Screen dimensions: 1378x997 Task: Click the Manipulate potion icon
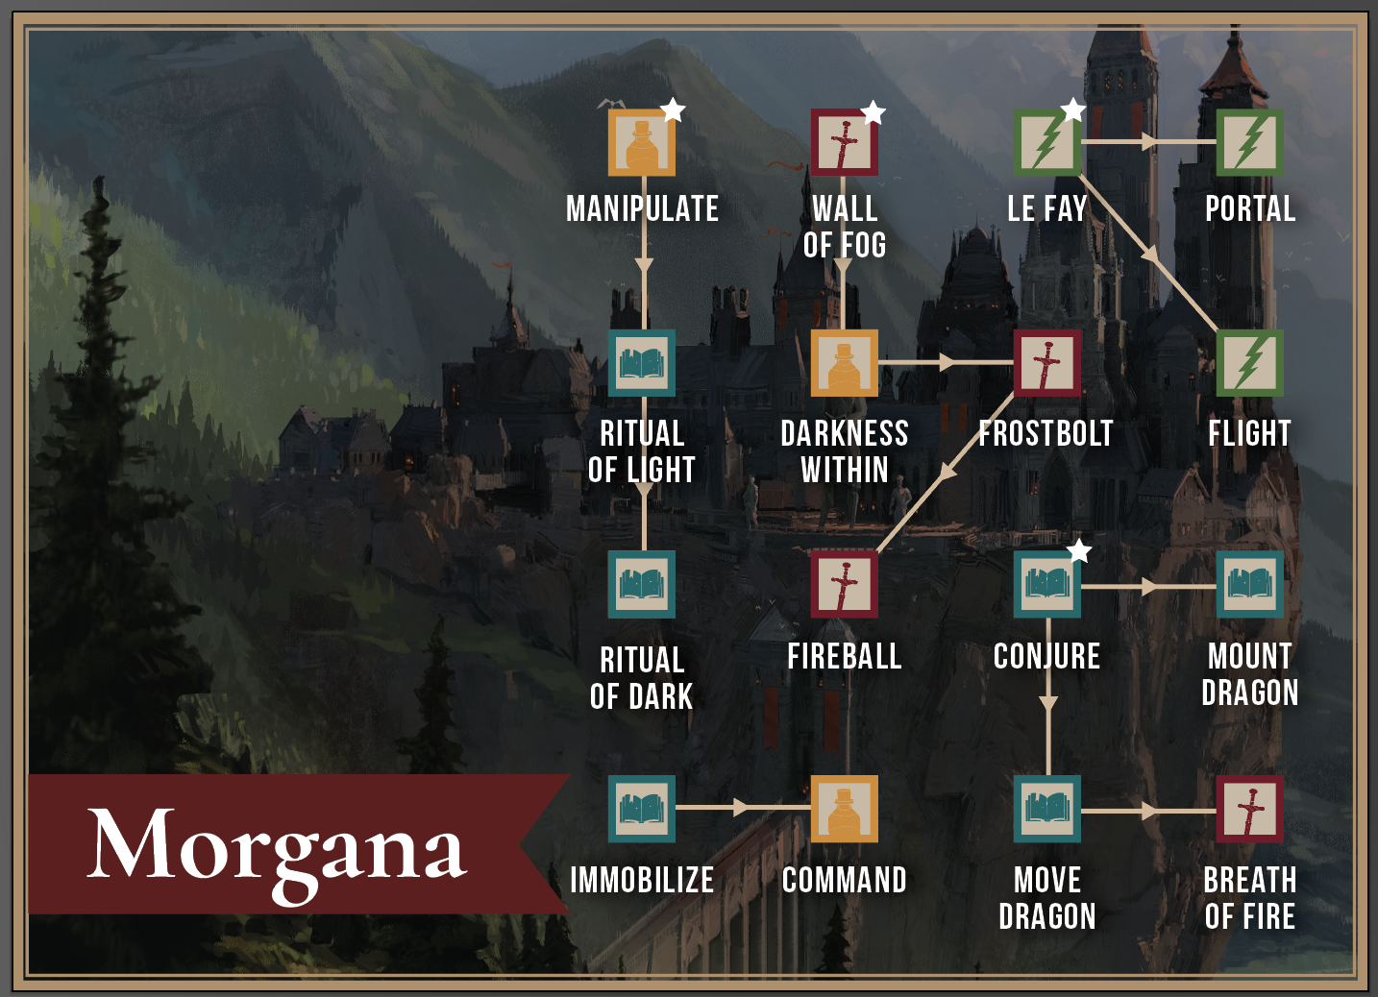pyautogui.click(x=642, y=143)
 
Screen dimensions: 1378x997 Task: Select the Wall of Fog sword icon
pyautogui.click(x=844, y=143)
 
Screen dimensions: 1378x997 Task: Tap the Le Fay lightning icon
pyautogui.click(x=1047, y=143)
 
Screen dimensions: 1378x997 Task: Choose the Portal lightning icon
pyautogui.click(x=1249, y=143)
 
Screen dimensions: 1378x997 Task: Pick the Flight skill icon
pyautogui.click(x=1249, y=363)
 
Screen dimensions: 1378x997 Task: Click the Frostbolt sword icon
pyautogui.click(x=1047, y=363)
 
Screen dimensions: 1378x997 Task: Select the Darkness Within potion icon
pyautogui.click(x=844, y=363)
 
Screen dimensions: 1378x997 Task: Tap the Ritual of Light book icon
pyautogui.click(x=642, y=363)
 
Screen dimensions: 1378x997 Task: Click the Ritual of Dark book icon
pyautogui.click(x=642, y=584)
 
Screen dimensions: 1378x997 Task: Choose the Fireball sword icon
pyautogui.click(x=844, y=584)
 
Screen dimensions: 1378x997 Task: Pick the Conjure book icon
pyautogui.click(x=1047, y=584)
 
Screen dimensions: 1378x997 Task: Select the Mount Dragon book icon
pyautogui.click(x=1249, y=584)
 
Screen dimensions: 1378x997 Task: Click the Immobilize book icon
pyautogui.click(x=642, y=809)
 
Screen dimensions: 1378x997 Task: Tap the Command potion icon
pyautogui.click(x=844, y=809)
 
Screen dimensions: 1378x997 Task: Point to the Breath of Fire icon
pyautogui.click(x=1249, y=809)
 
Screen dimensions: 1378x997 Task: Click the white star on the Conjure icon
pyautogui.click(x=1080, y=551)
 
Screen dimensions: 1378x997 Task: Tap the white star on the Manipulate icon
pyautogui.click(x=673, y=110)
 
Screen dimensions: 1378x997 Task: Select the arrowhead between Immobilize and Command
pyautogui.click(x=740, y=809)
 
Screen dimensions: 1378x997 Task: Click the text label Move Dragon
pyautogui.click(x=1047, y=898)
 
